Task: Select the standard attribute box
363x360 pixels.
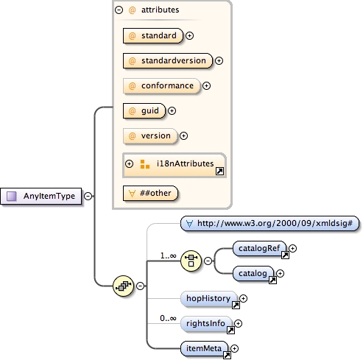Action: point(152,35)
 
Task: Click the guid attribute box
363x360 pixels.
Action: point(144,110)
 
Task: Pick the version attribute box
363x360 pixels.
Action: point(149,135)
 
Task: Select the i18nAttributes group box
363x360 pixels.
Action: point(175,164)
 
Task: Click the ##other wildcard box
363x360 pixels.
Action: point(150,193)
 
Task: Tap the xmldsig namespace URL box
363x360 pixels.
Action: point(269,224)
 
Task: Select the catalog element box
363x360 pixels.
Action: point(253,273)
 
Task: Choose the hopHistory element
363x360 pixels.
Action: point(208,298)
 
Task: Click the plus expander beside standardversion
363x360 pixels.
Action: point(219,60)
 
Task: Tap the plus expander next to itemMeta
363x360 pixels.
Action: point(235,348)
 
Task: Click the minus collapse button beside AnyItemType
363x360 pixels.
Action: point(88,197)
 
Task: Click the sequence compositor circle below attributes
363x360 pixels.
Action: point(122,286)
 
